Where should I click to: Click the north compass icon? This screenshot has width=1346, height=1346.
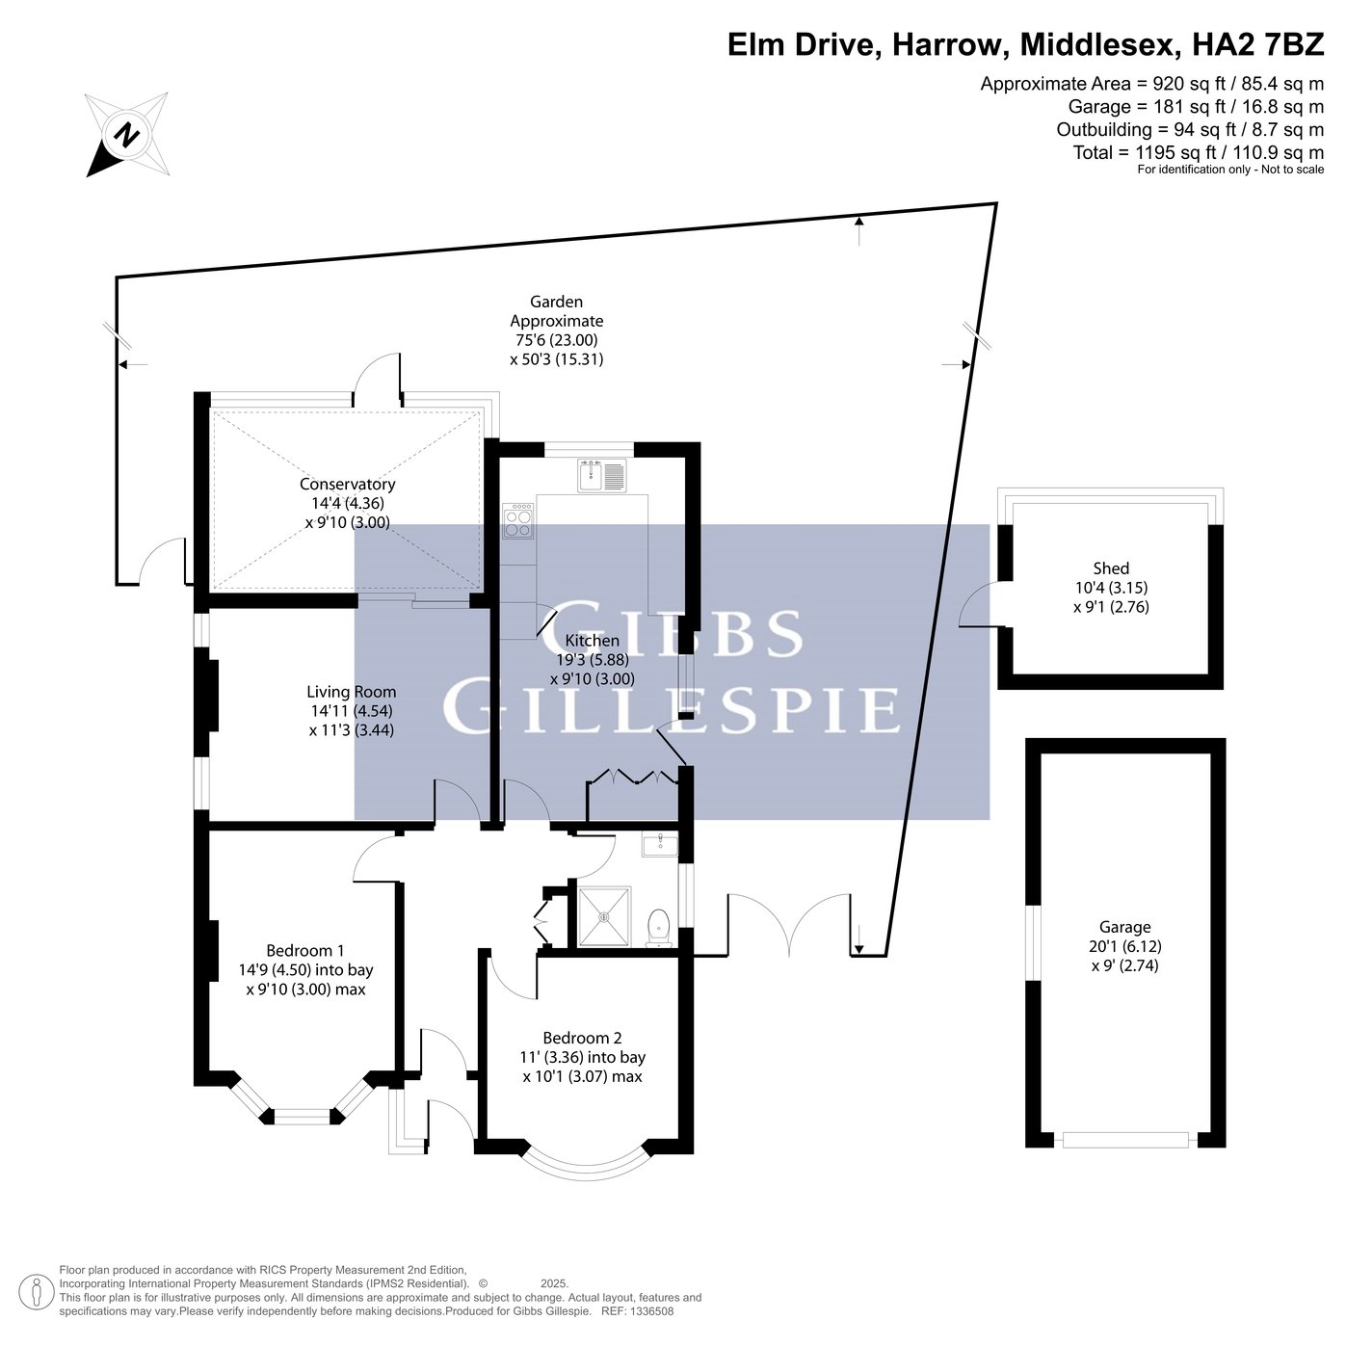tap(127, 134)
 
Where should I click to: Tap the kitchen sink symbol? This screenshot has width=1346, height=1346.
tap(602, 476)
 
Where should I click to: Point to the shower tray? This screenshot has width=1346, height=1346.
tap(604, 916)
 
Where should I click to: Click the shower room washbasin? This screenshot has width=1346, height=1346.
tap(659, 845)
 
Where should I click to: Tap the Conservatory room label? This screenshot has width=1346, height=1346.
tap(347, 484)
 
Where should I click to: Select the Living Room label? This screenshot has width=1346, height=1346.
tap(352, 692)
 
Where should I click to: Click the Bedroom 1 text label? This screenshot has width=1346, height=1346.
tap(305, 951)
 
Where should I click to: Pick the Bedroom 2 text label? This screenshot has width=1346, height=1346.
tap(583, 1038)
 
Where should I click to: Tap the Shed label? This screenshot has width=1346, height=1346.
tap(1111, 568)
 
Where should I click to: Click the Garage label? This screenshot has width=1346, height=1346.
tap(1124, 927)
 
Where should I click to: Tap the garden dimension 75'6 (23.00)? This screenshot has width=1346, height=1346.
tap(556, 340)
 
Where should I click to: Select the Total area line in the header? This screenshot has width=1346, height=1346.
tap(1198, 152)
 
